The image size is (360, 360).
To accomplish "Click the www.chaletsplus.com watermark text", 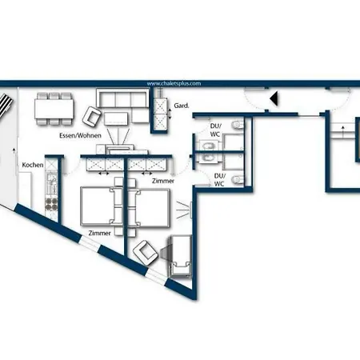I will [x=173, y=82].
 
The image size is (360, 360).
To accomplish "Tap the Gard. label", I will [x=181, y=104].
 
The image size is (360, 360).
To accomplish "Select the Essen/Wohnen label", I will [x=78, y=136].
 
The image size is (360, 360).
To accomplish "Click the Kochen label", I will [x=33, y=164].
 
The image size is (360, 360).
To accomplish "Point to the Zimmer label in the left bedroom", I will [x=100, y=232].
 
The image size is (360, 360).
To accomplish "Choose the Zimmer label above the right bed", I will [x=162, y=181].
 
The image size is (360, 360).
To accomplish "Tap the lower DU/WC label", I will [x=219, y=179].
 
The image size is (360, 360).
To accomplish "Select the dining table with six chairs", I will [x=54, y=107].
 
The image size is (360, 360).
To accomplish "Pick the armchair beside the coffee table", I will [x=93, y=118].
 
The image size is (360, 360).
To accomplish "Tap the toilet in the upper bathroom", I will [x=237, y=127].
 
